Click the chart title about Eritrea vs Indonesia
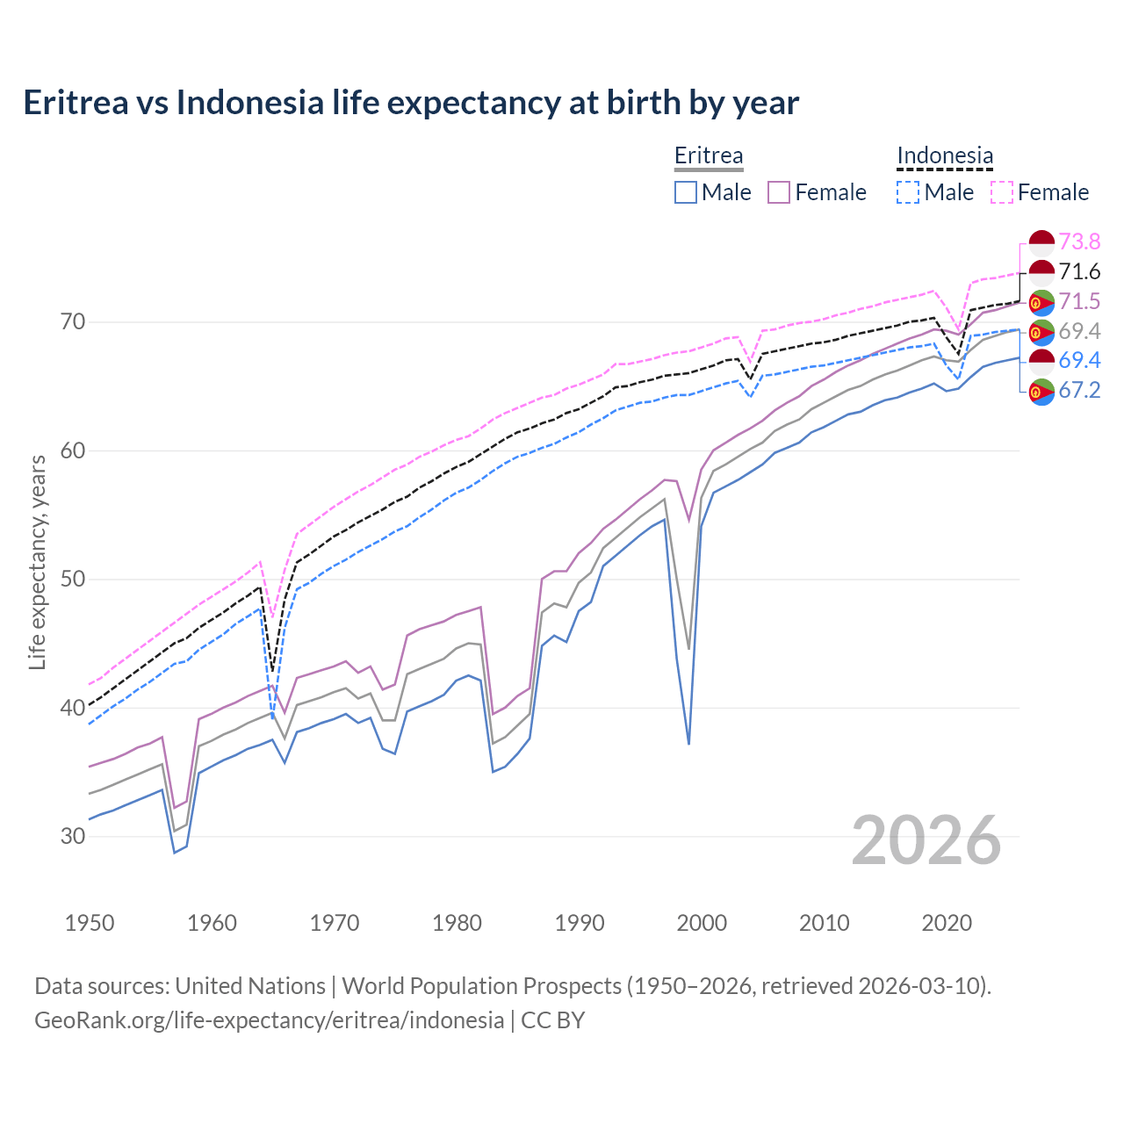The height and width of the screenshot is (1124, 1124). coord(411,103)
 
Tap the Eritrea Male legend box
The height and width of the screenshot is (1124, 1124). coord(686,192)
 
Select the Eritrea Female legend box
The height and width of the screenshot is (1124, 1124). coord(779,192)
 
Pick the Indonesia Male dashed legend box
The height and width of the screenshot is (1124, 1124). coord(908,192)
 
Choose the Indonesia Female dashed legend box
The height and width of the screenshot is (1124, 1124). coord(1002,192)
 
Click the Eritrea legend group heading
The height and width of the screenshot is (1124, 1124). coord(709,156)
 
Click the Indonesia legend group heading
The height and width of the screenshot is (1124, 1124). coord(945,156)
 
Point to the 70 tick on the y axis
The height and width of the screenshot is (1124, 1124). coord(73,322)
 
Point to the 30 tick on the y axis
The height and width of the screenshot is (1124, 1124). coord(73,836)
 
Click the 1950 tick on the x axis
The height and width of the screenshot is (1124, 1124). coord(90,923)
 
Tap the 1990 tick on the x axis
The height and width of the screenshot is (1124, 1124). coord(580,923)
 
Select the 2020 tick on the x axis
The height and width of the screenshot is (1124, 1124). coord(947,923)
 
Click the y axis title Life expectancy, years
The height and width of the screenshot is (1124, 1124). coord(38,562)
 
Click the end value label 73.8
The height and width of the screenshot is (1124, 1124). coord(1079,242)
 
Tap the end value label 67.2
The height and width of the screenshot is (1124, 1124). coord(1079,391)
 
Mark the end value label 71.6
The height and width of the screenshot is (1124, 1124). coord(1079,272)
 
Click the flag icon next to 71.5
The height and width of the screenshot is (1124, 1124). coord(1041,302)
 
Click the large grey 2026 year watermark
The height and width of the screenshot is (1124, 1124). coord(926,840)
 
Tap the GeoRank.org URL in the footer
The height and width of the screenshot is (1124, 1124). coord(270,1020)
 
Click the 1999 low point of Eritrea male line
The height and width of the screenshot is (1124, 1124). coord(689,744)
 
